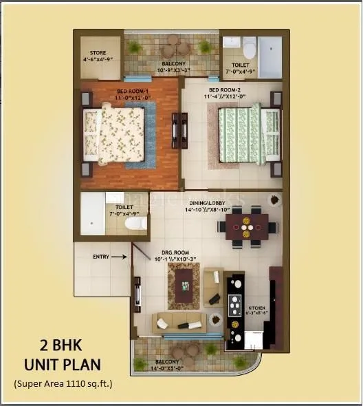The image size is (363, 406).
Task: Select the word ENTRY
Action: tap(101, 257)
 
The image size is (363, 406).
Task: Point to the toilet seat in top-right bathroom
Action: tap(249, 50)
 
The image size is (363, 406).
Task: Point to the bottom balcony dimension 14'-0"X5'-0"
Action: tap(168, 367)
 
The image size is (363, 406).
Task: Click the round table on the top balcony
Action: tap(175, 50)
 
